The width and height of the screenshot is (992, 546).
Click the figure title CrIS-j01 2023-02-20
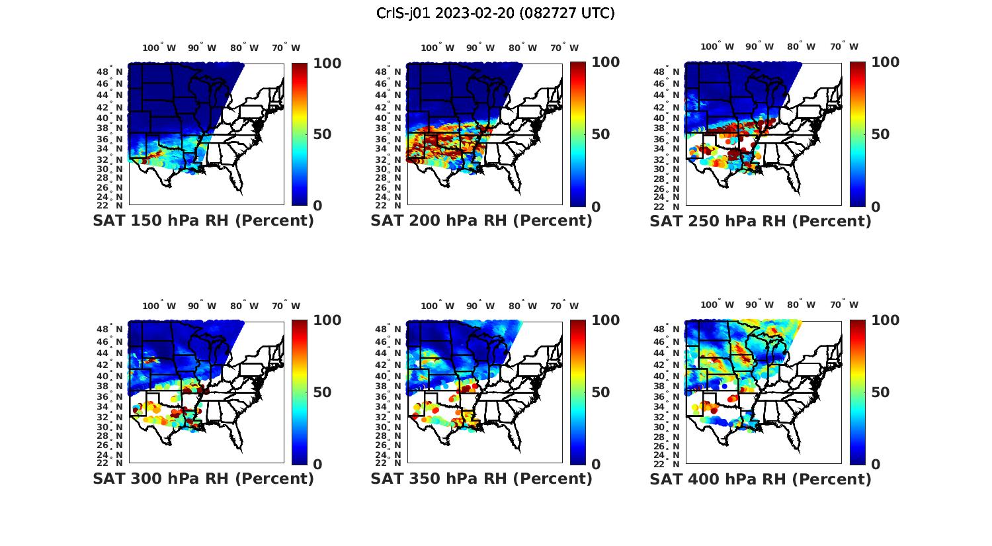495,13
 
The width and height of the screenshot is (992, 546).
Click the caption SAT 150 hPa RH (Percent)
203,221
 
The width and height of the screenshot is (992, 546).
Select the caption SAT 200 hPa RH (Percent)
481,221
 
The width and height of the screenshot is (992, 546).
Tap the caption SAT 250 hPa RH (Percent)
761,221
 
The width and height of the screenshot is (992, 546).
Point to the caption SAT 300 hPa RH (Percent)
203,478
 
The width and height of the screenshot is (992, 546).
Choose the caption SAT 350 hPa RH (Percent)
481,478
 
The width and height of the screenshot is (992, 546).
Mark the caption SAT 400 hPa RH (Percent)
761,478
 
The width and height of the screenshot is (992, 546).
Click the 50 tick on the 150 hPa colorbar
323,134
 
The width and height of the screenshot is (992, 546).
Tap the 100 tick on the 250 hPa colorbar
886,62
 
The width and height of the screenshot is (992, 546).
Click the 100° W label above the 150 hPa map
159,48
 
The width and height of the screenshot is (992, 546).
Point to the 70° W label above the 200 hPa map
564,48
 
